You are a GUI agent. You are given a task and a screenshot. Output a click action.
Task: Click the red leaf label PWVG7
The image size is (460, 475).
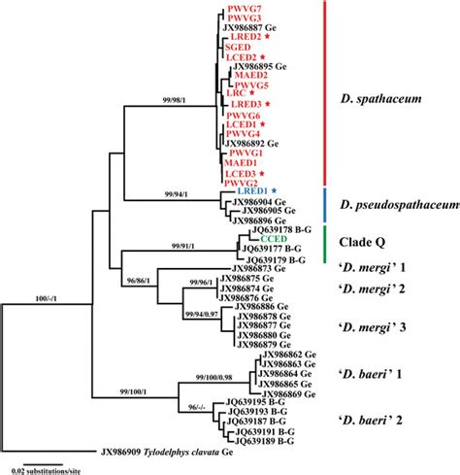click(242, 9)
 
